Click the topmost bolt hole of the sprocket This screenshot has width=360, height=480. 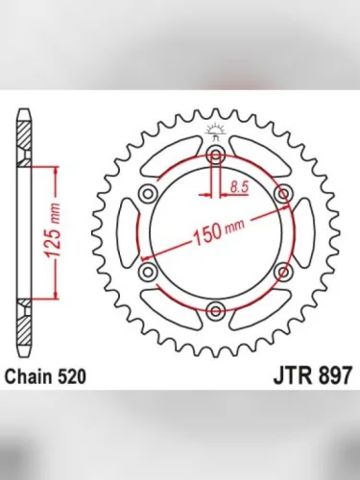215,157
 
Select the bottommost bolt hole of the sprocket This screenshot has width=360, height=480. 215,311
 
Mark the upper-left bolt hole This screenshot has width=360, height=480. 148,196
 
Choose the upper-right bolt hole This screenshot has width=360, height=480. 282,196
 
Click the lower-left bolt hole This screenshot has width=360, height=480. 148,274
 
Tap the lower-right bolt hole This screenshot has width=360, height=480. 282,274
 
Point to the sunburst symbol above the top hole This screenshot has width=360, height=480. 215,132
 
